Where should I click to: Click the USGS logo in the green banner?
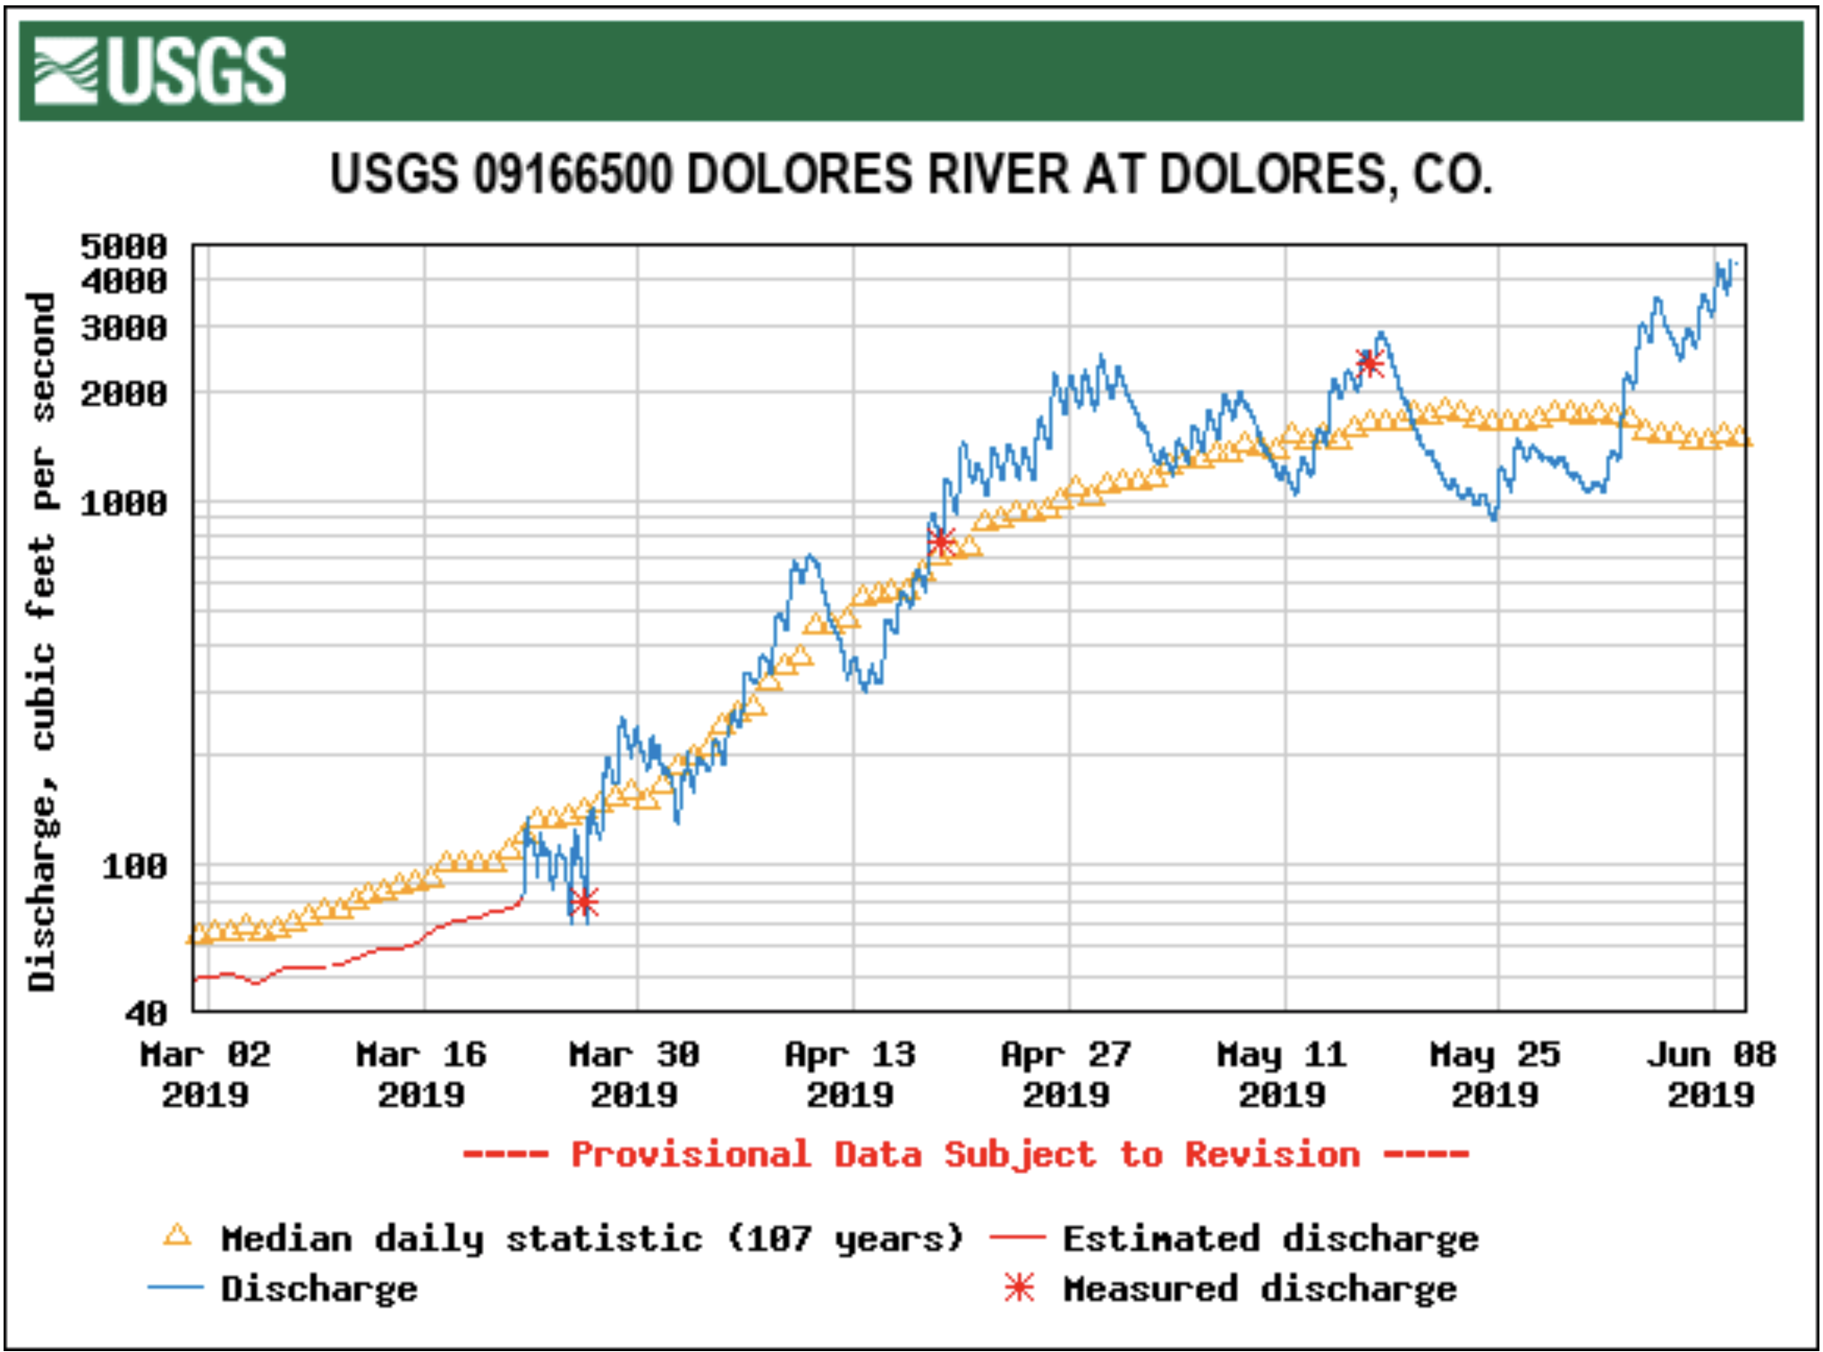pyautogui.click(x=159, y=72)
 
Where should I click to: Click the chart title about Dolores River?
pyautogui.click(x=911, y=173)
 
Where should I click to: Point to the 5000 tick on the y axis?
pyautogui.click(x=124, y=246)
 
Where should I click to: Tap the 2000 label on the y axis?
pyautogui.click(x=124, y=393)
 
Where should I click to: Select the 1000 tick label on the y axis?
pyautogui.click(x=124, y=503)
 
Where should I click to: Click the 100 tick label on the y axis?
pyautogui.click(x=134, y=866)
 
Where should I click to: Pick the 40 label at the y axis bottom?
pyautogui.click(x=146, y=1013)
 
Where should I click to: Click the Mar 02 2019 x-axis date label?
pyautogui.click(x=205, y=1075)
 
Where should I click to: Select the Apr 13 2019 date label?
pyautogui.click(x=851, y=1075)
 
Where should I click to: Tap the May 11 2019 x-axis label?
pyautogui.click(x=1282, y=1075)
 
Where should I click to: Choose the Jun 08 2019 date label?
pyautogui.click(x=1711, y=1075)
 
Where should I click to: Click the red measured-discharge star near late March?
pyautogui.click(x=583, y=902)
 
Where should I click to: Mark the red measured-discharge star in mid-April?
pyautogui.click(x=941, y=541)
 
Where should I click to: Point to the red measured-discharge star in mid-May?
pyautogui.click(x=1369, y=363)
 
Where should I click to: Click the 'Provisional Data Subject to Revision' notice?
pyautogui.click(x=966, y=1154)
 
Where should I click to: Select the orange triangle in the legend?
pyautogui.click(x=177, y=1237)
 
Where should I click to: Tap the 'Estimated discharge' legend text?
pyautogui.click(x=1270, y=1239)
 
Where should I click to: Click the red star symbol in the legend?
pyautogui.click(x=1019, y=1288)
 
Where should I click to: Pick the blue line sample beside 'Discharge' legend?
pyautogui.click(x=175, y=1288)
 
